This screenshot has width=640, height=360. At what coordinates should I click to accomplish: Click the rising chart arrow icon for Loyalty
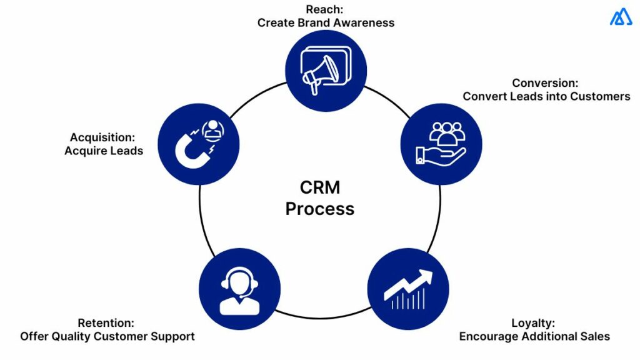click(x=408, y=288)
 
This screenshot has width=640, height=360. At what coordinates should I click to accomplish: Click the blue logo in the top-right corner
click(x=621, y=17)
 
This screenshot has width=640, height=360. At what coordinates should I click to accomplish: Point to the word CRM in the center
click(x=319, y=187)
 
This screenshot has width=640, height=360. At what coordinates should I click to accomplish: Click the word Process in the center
click(x=319, y=208)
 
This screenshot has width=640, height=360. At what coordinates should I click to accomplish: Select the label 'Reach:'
click(x=325, y=9)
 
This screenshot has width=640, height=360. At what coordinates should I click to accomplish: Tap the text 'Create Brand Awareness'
click(x=326, y=22)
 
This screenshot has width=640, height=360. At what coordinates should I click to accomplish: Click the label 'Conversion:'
click(x=546, y=83)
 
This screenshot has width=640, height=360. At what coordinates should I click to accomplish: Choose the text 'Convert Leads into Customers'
click(x=546, y=96)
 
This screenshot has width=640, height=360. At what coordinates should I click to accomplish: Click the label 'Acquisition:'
click(x=102, y=137)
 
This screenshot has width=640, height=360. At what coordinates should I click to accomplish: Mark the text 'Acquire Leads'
click(x=104, y=151)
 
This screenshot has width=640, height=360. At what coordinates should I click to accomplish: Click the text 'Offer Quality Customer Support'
click(x=107, y=336)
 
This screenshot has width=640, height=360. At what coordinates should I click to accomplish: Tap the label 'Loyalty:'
click(x=533, y=323)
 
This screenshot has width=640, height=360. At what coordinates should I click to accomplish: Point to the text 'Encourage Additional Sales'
click(x=534, y=336)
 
